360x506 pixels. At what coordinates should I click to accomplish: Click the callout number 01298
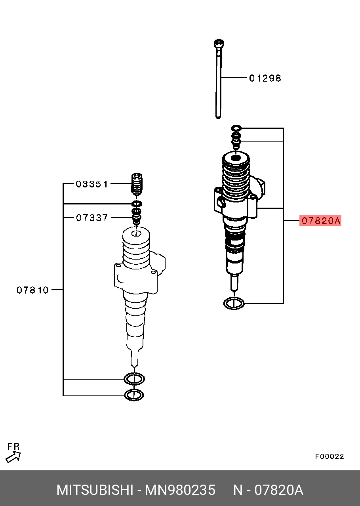[265, 78]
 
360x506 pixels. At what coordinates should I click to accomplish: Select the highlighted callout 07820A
[320, 220]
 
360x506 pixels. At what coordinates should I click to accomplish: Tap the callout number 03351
[92, 184]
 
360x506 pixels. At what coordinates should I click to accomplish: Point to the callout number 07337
[92, 218]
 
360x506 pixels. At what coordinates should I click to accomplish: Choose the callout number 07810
[32, 290]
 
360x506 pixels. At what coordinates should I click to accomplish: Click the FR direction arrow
[13, 457]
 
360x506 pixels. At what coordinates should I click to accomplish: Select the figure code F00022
[330, 456]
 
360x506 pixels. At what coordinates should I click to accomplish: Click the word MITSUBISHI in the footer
[95, 490]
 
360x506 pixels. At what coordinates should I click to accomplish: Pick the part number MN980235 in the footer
[180, 490]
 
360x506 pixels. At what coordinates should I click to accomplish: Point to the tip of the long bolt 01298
[218, 117]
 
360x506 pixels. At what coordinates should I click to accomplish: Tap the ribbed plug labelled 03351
[137, 184]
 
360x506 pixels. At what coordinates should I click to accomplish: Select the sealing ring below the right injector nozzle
[234, 303]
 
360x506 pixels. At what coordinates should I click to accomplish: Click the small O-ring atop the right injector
[236, 128]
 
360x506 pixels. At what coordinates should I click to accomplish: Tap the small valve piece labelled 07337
[136, 216]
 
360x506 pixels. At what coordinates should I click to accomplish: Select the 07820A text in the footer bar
[279, 490]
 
